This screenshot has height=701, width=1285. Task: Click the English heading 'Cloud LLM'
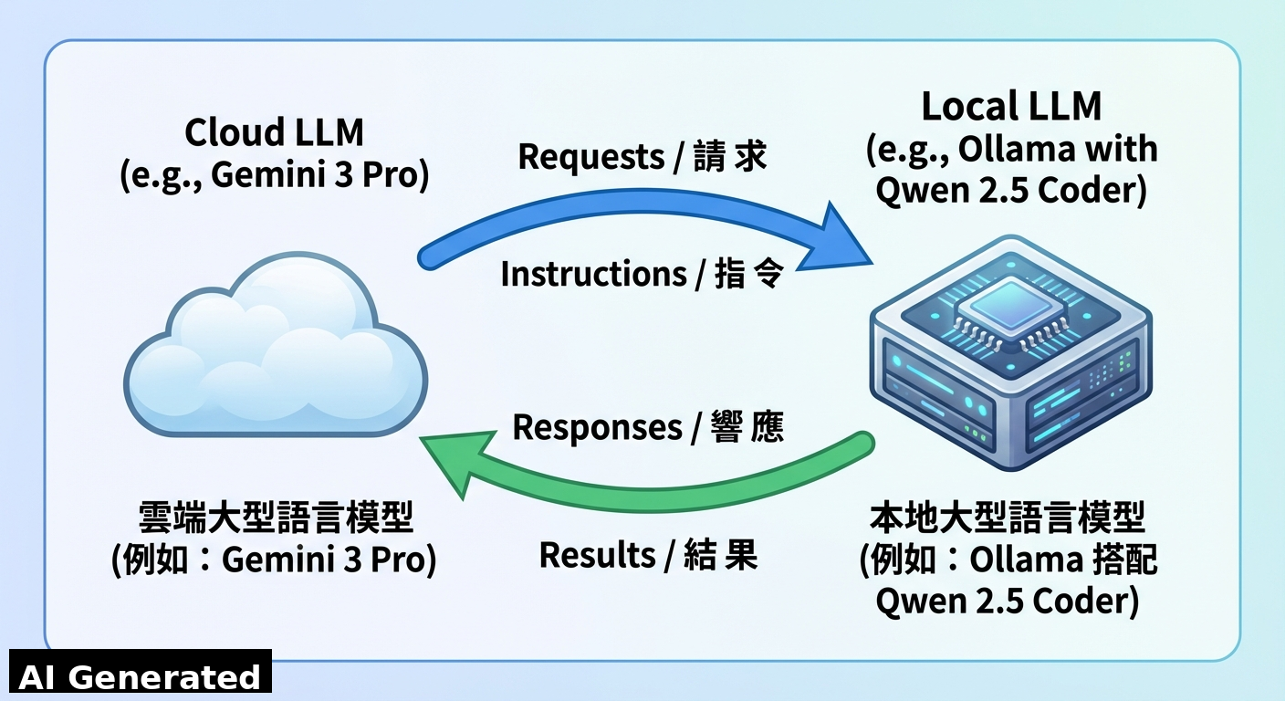(274, 133)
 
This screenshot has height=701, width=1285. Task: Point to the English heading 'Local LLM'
(1011, 107)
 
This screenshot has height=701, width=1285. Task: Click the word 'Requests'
(590, 157)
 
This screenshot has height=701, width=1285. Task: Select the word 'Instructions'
(592, 275)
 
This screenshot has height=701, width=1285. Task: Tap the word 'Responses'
(597, 427)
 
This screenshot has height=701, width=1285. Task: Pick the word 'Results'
(598, 555)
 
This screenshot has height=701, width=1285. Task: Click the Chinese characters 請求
(729, 157)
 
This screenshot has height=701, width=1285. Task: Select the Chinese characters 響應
(747, 427)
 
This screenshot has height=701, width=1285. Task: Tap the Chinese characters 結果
(721, 555)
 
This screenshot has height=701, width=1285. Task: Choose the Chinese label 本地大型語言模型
(1008, 518)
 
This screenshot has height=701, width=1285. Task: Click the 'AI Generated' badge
(140, 676)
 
